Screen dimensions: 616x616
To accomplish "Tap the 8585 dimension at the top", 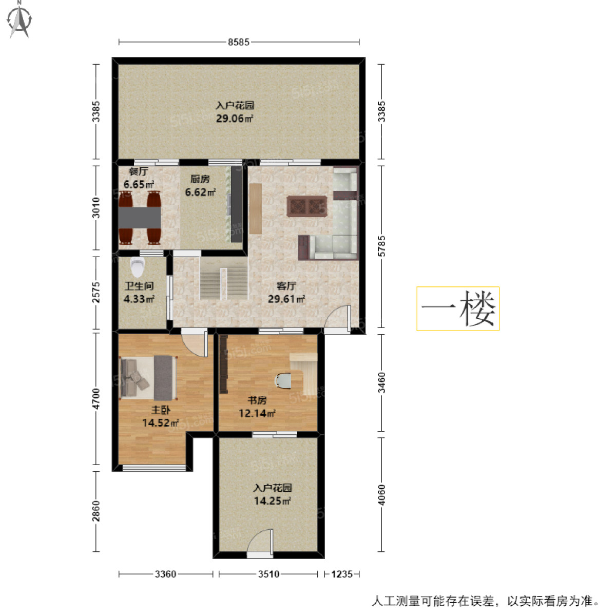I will point(239,42).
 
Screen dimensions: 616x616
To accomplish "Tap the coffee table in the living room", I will point(307,206).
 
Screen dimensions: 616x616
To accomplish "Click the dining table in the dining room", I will point(140,217).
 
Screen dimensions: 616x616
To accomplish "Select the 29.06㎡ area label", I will point(235,119).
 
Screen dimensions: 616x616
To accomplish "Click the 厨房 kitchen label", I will point(200,179).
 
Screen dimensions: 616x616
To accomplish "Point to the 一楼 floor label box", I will point(458,309).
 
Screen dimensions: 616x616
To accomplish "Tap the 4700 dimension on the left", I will point(96,399).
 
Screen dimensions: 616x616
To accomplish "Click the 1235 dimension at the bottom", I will point(341,574).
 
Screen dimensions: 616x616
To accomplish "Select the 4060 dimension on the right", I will point(381,494).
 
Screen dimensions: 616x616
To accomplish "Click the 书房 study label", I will point(257,400).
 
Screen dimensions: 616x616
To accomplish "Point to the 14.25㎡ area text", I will point(273,500).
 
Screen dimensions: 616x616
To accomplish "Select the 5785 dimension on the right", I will point(381,246).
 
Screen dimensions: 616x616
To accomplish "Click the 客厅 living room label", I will point(286,286).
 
